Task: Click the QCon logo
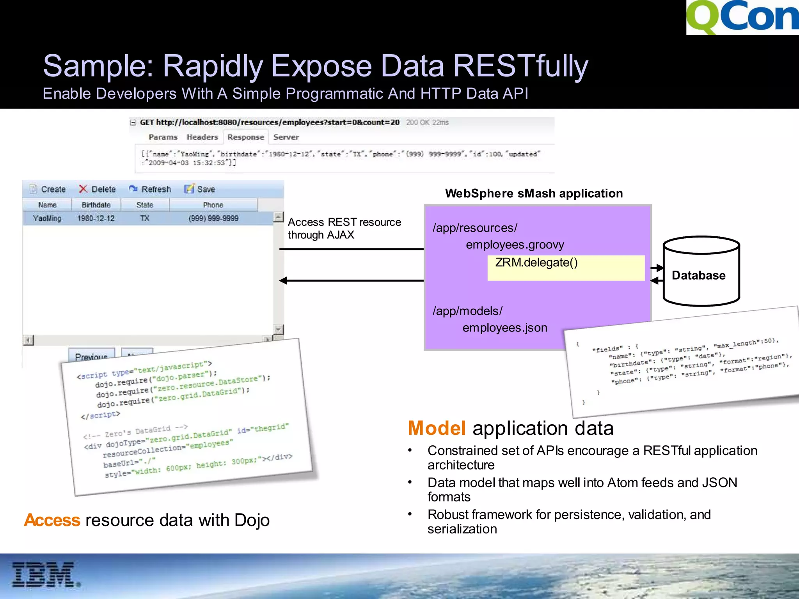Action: [x=742, y=18]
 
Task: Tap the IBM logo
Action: [x=45, y=574]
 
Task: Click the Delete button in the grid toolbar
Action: [x=98, y=189]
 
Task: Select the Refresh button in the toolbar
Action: [x=150, y=189]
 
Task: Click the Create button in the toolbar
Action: [x=48, y=189]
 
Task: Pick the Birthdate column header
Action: [x=96, y=205]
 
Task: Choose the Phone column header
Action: [x=213, y=205]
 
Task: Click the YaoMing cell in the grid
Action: [x=47, y=218]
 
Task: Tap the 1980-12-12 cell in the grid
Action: [x=96, y=218]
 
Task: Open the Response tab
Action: [x=246, y=137]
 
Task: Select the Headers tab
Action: [x=202, y=137]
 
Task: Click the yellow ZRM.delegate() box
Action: [x=566, y=268]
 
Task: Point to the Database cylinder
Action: [x=701, y=271]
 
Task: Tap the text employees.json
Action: [x=505, y=328]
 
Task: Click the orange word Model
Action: [x=437, y=428]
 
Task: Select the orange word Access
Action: [x=52, y=520]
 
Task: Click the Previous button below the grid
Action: [x=91, y=355]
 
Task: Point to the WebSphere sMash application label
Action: [x=534, y=193]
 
